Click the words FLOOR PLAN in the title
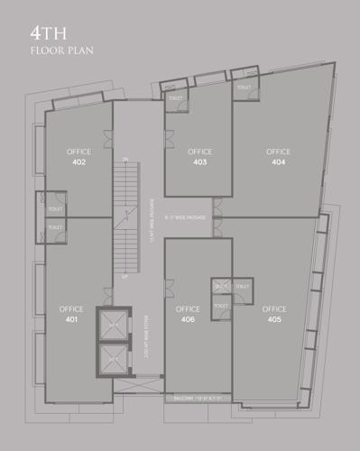61,51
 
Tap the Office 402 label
78,157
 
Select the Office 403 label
199,156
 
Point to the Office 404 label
278,156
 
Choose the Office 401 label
71,314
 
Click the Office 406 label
188,314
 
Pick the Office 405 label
274,314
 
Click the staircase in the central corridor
126,216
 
